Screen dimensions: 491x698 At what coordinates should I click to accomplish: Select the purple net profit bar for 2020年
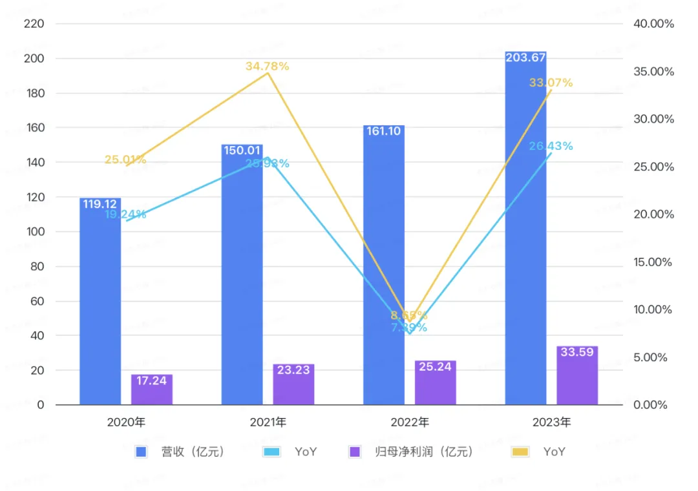[152, 390]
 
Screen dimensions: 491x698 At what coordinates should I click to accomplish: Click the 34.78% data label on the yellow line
[267, 66]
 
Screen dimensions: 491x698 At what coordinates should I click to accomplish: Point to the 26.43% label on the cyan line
[551, 146]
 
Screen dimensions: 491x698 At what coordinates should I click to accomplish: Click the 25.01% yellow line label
[125, 160]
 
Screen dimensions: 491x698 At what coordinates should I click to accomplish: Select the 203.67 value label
[525, 58]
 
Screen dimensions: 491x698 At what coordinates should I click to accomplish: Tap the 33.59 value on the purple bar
[577, 353]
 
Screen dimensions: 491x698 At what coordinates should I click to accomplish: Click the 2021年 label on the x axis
[268, 423]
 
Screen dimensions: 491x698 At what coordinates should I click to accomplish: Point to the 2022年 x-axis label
[410, 423]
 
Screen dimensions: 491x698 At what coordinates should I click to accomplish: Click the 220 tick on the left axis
[33, 24]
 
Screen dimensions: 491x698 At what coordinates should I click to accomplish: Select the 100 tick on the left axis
[33, 232]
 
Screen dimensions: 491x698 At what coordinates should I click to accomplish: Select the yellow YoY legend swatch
[520, 452]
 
